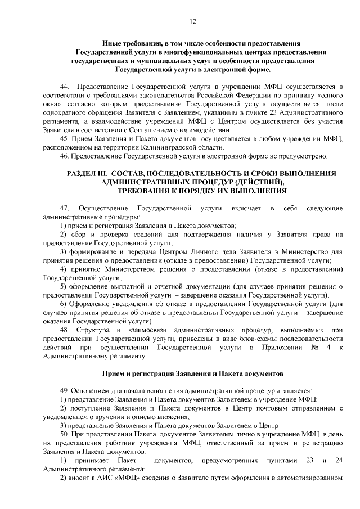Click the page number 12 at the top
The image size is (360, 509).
(x=192, y=21)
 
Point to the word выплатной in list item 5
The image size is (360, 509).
(x=118, y=286)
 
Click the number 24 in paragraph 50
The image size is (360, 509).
(x=337, y=461)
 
